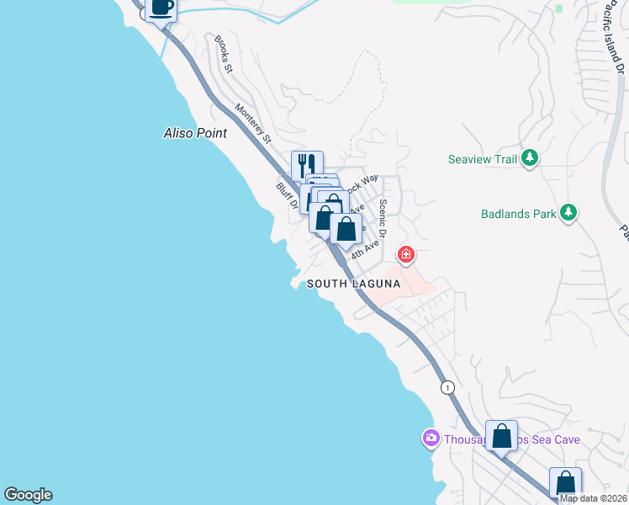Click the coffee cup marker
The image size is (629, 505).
click(x=161, y=8)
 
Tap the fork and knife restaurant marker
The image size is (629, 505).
click(x=307, y=165)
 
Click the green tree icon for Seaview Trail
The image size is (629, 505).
click(x=530, y=158)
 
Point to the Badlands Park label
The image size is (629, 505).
click(x=519, y=214)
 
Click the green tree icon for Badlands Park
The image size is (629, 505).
click(x=569, y=213)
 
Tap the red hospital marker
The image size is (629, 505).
click(x=406, y=254)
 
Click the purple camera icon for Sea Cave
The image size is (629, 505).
click(x=431, y=439)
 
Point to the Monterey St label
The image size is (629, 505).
click(x=254, y=122)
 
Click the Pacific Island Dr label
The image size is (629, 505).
click(x=615, y=46)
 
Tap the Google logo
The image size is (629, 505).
click(x=28, y=495)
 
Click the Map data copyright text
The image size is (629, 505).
click(x=593, y=498)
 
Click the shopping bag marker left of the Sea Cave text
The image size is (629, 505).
click(x=501, y=436)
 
